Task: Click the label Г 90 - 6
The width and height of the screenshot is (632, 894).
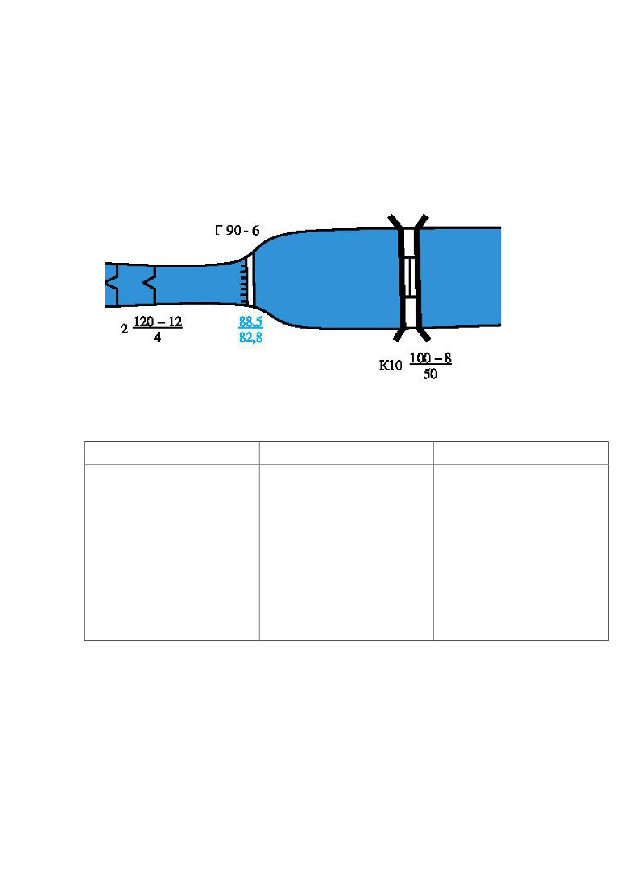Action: pos(237,230)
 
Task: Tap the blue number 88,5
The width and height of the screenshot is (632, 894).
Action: pos(250,321)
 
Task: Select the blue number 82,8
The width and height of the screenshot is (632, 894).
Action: pos(250,337)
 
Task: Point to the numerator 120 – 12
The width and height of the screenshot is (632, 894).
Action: pos(158,321)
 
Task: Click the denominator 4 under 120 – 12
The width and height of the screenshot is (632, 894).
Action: pos(158,337)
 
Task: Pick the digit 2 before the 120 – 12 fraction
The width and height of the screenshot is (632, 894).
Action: pos(124,329)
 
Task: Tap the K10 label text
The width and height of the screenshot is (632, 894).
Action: pos(390,365)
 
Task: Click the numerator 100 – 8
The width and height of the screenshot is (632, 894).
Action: pos(431,358)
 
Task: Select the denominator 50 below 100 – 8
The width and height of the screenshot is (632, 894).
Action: pos(430,374)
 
